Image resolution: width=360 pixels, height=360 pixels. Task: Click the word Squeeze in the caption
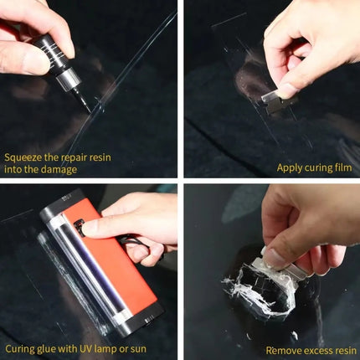[24, 157]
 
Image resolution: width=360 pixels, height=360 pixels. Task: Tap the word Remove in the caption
[282, 349]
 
